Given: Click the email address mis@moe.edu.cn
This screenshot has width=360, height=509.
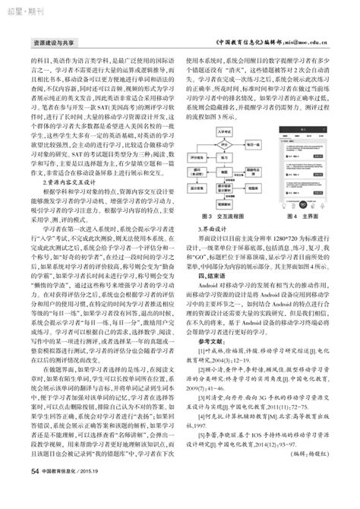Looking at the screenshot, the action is [x=314, y=45].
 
